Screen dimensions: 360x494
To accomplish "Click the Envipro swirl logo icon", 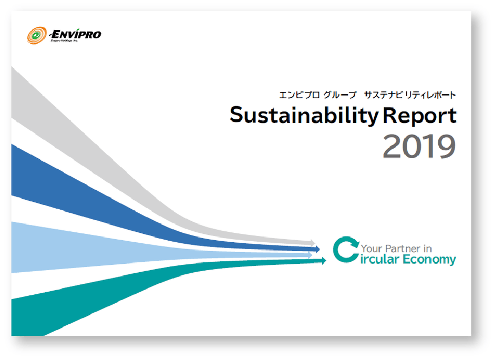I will pos(37,36).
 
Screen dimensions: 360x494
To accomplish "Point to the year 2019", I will pos(419,147).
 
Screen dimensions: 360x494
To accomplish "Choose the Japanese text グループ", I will pos(339,95).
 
